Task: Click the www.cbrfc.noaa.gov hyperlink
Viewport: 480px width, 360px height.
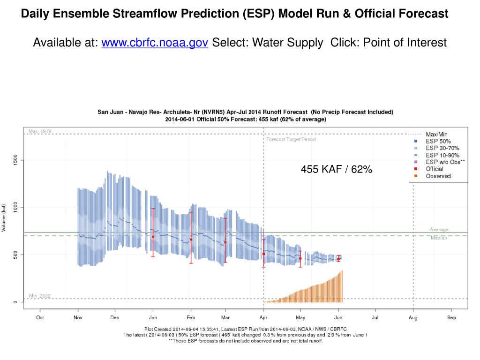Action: pos(155,43)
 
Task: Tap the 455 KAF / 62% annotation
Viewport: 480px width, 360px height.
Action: pos(337,170)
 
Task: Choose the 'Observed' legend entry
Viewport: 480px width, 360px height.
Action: pos(438,176)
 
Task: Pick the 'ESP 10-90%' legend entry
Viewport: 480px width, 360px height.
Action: pos(442,155)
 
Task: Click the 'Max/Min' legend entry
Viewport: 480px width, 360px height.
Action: pos(436,134)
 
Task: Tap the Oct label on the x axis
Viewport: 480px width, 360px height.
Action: pos(40,317)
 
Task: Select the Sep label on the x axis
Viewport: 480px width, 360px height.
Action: pos(451,317)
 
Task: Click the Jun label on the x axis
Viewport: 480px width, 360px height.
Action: pos(337,317)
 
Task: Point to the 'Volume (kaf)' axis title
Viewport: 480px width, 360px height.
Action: pos(4,217)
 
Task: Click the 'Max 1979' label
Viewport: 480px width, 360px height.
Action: pos(40,131)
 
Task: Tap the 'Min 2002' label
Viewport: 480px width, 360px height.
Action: pos(40,296)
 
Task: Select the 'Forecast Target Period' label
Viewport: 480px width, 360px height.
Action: pos(291,139)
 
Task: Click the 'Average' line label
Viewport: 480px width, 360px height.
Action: pos(439,230)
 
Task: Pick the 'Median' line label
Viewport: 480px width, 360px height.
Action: pos(439,238)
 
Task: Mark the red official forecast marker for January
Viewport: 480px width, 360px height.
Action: pos(153,237)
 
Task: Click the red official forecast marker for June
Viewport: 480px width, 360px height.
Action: pos(338,259)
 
